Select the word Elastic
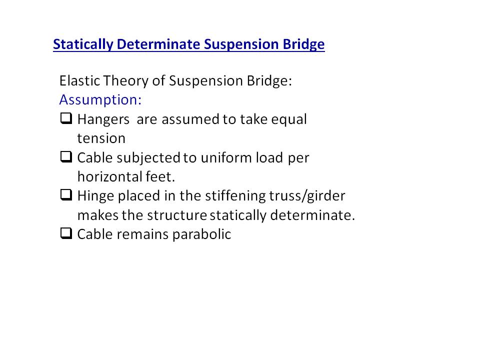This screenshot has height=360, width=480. point(79,81)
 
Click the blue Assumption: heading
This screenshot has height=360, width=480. point(100,100)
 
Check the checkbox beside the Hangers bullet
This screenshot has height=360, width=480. point(66,118)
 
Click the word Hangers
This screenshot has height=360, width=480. point(103,119)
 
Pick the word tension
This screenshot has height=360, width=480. point(101,138)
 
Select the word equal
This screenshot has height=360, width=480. point(289,119)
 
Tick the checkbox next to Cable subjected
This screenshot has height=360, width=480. point(66,156)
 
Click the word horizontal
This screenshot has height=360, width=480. point(110,176)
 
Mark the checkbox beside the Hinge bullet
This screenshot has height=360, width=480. point(66,194)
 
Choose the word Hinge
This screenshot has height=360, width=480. point(96,196)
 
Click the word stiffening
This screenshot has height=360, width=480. point(235,196)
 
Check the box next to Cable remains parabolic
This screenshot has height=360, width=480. point(66,233)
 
